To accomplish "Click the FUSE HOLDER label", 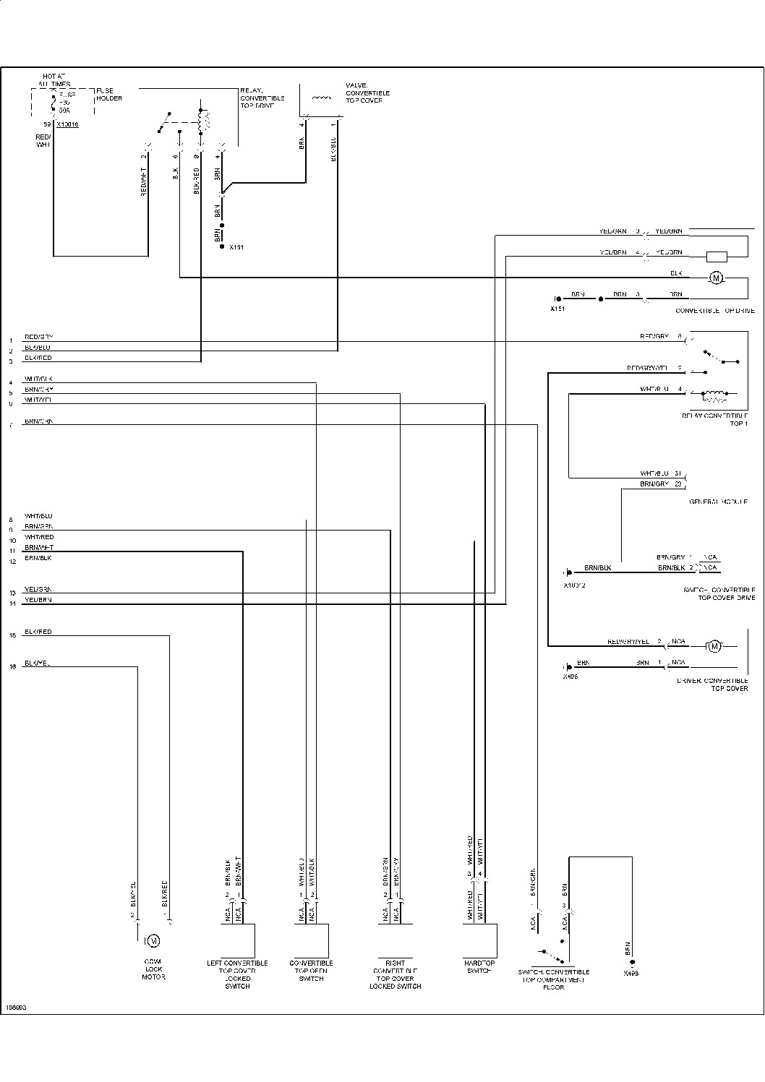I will (109, 94).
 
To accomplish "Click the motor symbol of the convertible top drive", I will (716, 278).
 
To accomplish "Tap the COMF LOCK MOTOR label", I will (153, 969).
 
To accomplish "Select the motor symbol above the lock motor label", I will (153, 940).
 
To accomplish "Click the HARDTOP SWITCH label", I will (479, 966).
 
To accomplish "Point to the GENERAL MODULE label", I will (718, 501).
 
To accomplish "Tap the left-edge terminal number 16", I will (12, 667).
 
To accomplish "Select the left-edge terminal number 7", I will (11, 425).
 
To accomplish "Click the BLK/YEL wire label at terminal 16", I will (37, 664).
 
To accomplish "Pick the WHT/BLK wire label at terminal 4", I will (38, 379).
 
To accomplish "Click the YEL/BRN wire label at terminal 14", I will (38, 600).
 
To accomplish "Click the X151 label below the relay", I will (236, 247).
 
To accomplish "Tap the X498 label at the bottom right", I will (631, 973).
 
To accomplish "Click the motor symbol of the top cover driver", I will (714, 645).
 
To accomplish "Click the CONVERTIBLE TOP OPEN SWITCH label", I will (311, 970).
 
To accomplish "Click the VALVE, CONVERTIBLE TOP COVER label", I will (367, 93).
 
